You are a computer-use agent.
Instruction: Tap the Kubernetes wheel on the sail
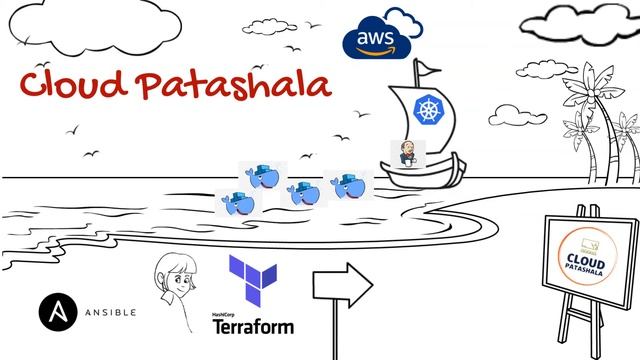(x=427, y=112)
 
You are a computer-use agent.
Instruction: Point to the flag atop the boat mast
(x=428, y=68)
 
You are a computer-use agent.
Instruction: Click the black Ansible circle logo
(x=56, y=310)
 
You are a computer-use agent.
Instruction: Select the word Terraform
(x=254, y=326)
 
